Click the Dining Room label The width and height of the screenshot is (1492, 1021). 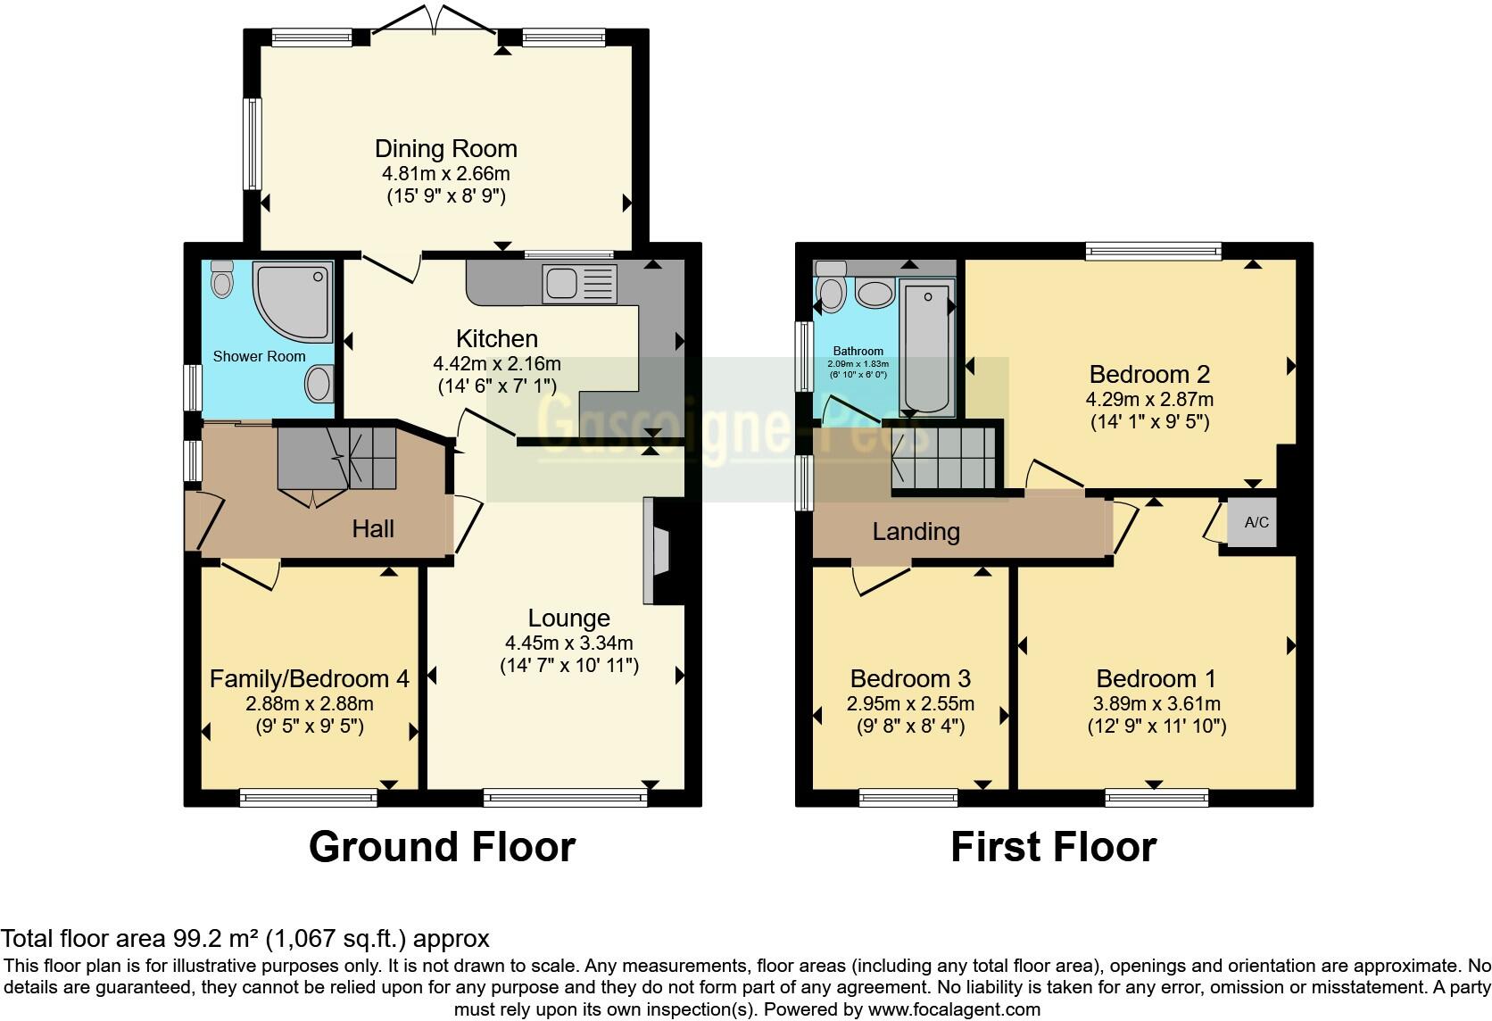click(x=445, y=148)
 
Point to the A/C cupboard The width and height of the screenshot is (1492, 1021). click(x=1256, y=522)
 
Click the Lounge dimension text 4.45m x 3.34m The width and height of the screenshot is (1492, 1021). click(x=568, y=643)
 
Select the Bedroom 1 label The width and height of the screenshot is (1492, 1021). click(x=1156, y=678)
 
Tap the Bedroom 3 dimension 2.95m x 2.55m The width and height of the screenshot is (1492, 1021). click(x=910, y=703)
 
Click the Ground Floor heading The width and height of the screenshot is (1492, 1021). click(x=442, y=846)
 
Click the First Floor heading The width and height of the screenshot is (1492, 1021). click(x=1053, y=846)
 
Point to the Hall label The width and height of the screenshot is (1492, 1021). click(x=373, y=528)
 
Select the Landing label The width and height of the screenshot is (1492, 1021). click(x=916, y=532)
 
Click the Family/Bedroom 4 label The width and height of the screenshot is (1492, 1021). click(x=309, y=678)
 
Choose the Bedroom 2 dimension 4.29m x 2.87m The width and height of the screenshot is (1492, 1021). click(x=1149, y=399)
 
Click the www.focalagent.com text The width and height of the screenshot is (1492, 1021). click(x=954, y=1009)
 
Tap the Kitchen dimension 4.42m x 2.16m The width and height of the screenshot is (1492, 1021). click(x=496, y=363)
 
